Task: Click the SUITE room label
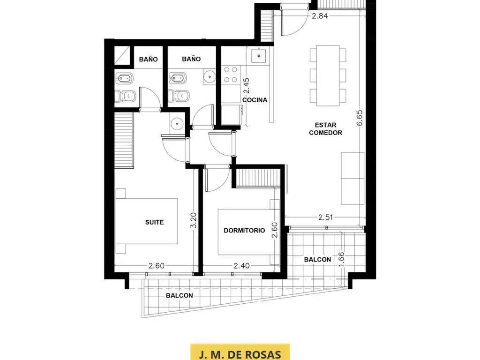(x=154, y=222)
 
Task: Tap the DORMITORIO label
(x=244, y=230)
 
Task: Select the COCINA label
(x=255, y=100)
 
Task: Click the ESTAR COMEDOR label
(x=325, y=128)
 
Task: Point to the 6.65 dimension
(x=360, y=118)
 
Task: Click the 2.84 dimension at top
(x=320, y=16)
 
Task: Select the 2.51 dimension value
(x=325, y=217)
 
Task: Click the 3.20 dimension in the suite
(x=193, y=220)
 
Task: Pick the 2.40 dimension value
(x=241, y=266)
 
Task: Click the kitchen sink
(x=259, y=56)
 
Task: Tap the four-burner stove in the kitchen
(x=231, y=75)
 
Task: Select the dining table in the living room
(x=328, y=75)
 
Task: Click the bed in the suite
(x=147, y=221)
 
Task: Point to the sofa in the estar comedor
(x=352, y=178)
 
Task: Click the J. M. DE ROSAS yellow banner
(x=240, y=352)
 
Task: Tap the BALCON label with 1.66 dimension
(x=317, y=260)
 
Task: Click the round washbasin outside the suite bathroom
(x=177, y=124)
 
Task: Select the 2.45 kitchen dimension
(x=246, y=85)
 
